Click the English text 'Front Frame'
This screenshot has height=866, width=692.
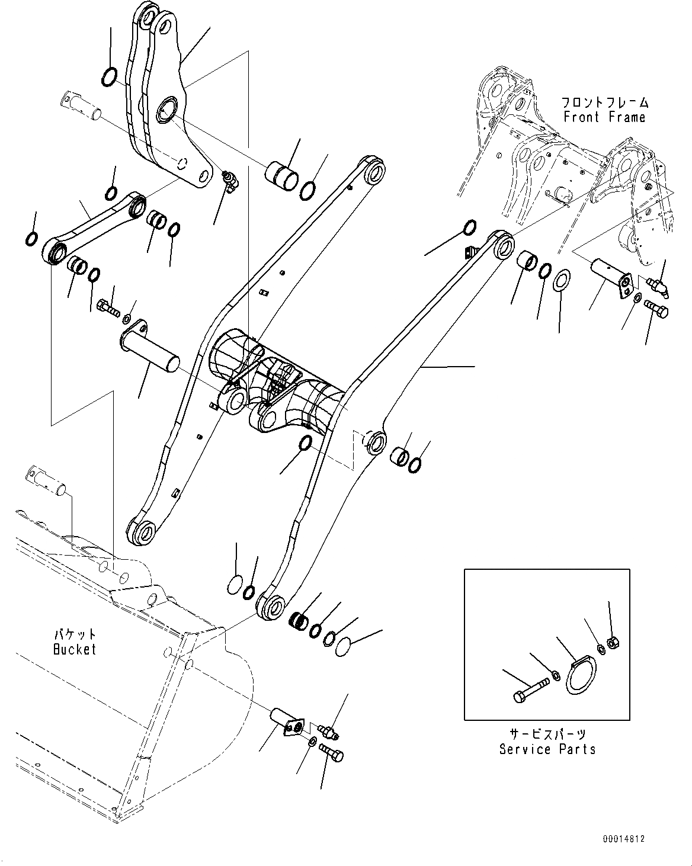[x=604, y=117]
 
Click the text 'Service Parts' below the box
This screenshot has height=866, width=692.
[x=547, y=749]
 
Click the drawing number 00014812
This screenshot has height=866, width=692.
[x=623, y=839]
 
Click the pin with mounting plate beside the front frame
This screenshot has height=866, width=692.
[x=613, y=278]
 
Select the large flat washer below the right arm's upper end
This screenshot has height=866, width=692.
[x=562, y=280]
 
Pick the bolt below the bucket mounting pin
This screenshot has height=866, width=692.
[x=332, y=752]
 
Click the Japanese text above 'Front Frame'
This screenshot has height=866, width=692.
[x=604, y=102]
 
